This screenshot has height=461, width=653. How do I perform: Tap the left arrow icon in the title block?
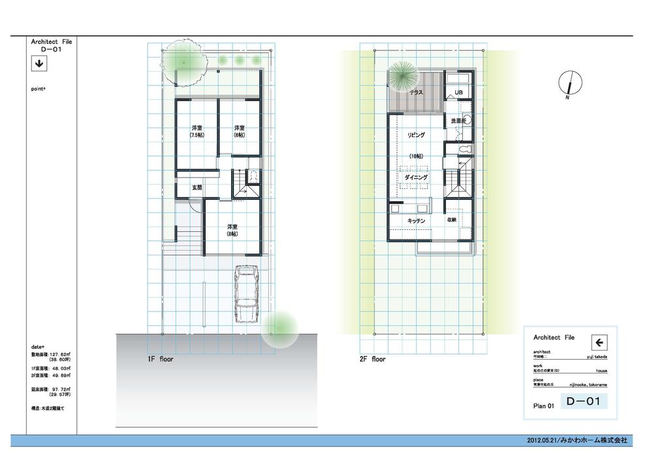coord(599,342)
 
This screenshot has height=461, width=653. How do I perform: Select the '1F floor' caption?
coord(160,358)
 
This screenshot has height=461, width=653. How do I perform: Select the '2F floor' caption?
coord(373,358)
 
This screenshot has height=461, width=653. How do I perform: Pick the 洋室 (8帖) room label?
coord(231,230)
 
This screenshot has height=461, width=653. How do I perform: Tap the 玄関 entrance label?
coord(197,187)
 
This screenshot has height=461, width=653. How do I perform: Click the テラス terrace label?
coord(416,93)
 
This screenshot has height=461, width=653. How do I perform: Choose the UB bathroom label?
coord(458,93)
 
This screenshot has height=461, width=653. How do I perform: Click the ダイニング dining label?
coord(416,177)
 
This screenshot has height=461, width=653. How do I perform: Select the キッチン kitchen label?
coord(417,221)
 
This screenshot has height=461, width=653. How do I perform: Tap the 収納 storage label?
coord(451,220)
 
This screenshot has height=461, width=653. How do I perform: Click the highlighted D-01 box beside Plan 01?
coord(583,402)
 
